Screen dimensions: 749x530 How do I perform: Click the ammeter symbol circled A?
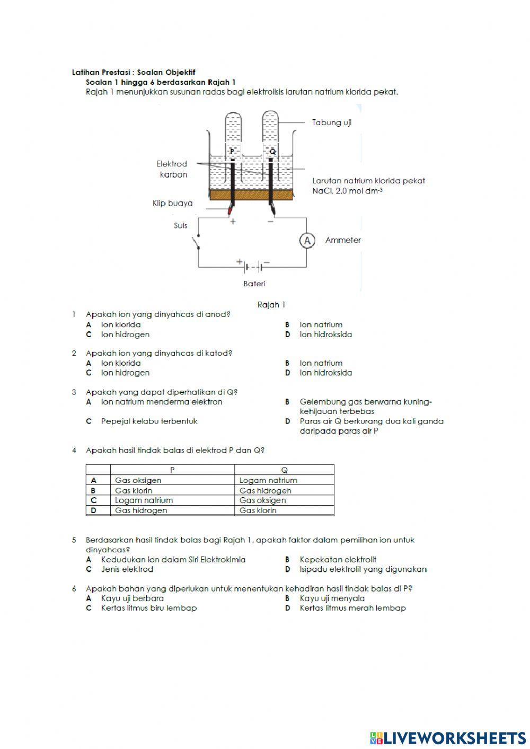click(x=307, y=241)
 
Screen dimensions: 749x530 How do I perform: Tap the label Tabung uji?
click(x=331, y=122)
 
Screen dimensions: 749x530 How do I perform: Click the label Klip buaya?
click(x=172, y=203)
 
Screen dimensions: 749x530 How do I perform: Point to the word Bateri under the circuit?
click(x=254, y=284)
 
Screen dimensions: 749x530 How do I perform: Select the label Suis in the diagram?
click(x=180, y=225)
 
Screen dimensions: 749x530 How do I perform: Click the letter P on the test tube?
click(x=232, y=152)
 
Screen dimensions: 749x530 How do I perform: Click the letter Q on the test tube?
click(x=272, y=152)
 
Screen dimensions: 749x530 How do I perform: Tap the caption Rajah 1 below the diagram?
click(x=271, y=304)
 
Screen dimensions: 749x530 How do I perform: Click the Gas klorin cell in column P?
click(x=134, y=490)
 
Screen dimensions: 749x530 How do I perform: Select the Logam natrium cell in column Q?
click(x=268, y=480)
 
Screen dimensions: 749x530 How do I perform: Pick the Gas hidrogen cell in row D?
click(x=141, y=510)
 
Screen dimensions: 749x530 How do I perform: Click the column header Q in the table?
click(x=284, y=470)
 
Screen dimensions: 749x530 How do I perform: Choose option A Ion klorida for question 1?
click(x=121, y=324)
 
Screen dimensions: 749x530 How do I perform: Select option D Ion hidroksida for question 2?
click(x=325, y=373)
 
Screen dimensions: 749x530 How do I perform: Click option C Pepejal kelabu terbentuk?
click(x=149, y=421)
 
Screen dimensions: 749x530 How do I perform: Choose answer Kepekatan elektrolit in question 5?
click(x=338, y=559)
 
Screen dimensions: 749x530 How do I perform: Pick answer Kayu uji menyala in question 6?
click(x=332, y=598)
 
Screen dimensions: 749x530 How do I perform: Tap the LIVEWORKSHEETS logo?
click(x=447, y=737)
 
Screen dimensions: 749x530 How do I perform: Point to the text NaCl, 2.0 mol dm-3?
click(x=347, y=191)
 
